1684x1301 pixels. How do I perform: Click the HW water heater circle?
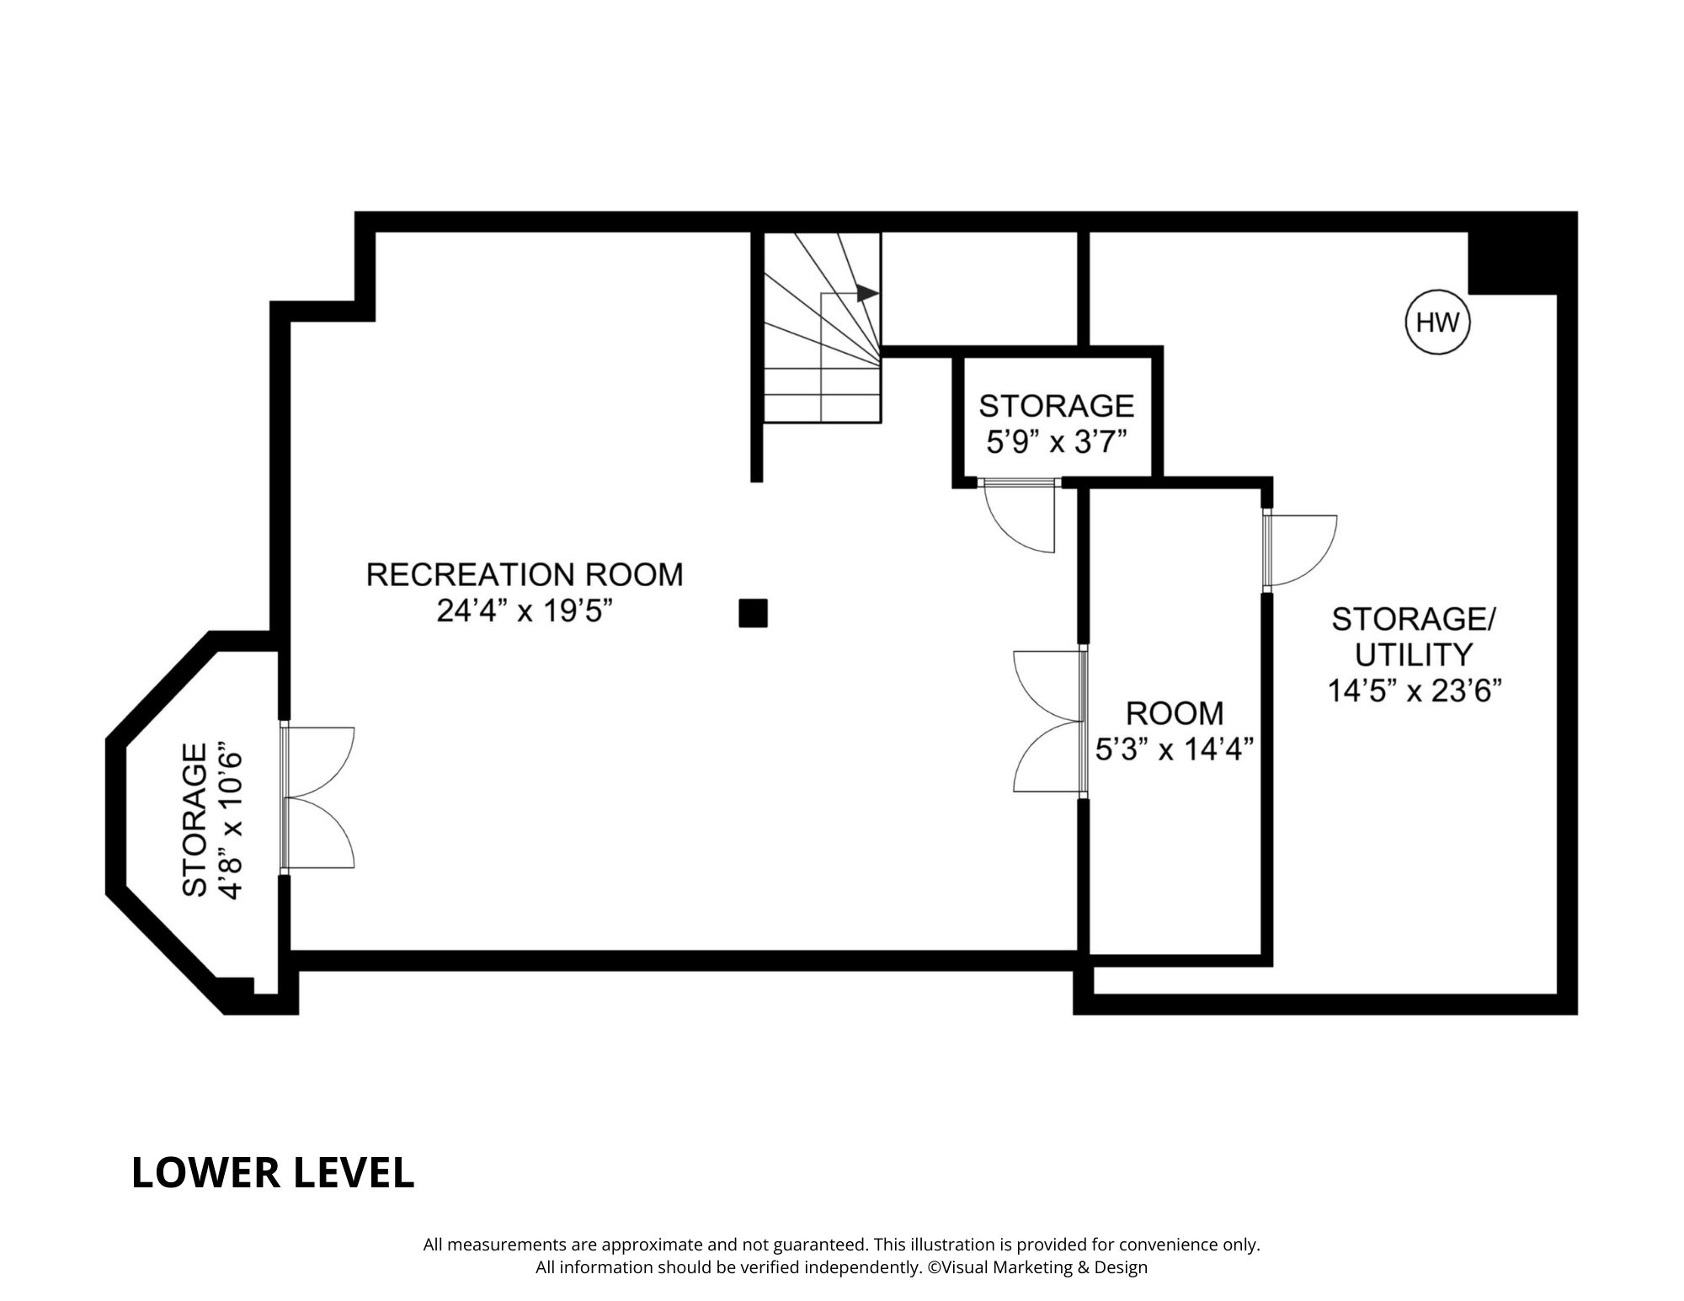[1437, 323]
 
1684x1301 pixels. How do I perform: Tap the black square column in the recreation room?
[753, 613]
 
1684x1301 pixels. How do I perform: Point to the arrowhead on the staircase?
[868, 293]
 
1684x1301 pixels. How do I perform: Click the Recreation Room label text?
[525, 574]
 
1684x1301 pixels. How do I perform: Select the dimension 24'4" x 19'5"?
[523, 611]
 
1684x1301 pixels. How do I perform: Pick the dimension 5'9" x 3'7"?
[1056, 442]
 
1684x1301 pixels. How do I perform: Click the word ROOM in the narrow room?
[1175, 713]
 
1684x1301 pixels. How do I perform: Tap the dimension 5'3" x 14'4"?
[1175, 749]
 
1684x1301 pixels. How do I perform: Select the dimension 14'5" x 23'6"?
[1415, 690]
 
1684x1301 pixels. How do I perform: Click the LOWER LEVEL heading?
[273, 1173]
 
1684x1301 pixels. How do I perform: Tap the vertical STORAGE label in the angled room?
[195, 821]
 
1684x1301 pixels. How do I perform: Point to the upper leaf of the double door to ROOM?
[1047, 686]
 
